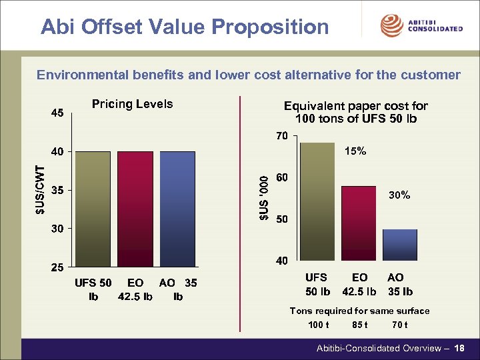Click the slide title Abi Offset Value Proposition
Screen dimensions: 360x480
[x=185, y=27]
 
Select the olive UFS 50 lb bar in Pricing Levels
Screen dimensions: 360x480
[x=93, y=209]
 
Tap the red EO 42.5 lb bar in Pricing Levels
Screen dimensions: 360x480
[x=135, y=209]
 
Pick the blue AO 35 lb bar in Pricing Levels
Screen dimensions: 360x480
[x=178, y=209]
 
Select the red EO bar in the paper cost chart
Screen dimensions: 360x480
[x=359, y=223]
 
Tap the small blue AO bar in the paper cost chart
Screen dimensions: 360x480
[x=400, y=245]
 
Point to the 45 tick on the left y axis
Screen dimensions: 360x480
[x=57, y=113]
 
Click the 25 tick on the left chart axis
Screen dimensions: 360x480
[x=57, y=267]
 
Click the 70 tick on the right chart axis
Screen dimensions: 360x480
[x=282, y=137]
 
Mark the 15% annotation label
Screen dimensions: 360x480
[x=355, y=151]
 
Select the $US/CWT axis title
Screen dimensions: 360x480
[x=41, y=190]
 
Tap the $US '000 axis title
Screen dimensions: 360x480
[x=265, y=197]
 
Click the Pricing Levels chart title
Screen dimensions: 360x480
[x=132, y=104]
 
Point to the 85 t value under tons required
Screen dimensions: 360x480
[x=359, y=325]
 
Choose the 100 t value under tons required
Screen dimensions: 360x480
[x=318, y=325]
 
